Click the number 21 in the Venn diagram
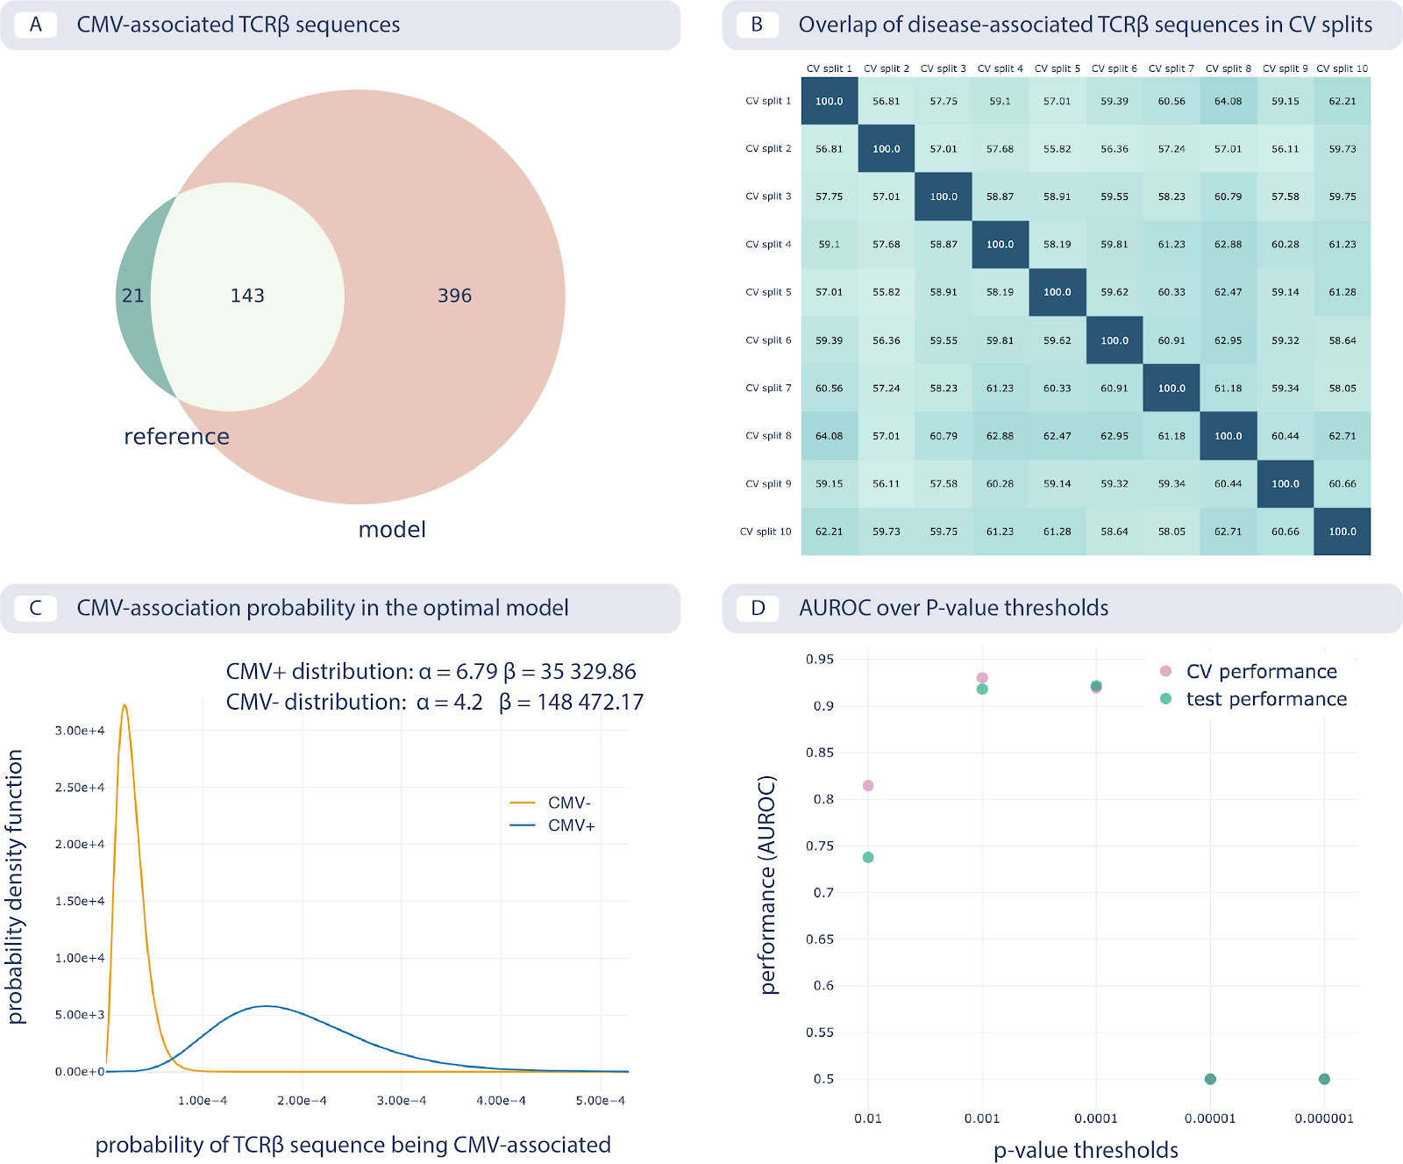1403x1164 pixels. pyautogui.click(x=133, y=296)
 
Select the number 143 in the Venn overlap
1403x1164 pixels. pyautogui.click(x=247, y=296)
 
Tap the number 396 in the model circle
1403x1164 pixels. pyautogui.click(x=454, y=296)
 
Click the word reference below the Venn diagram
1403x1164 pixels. pyautogui.click(x=176, y=436)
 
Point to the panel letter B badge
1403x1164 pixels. pyautogui.click(x=757, y=25)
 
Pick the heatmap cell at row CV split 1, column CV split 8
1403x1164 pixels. pyautogui.click(x=1228, y=101)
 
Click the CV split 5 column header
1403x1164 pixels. pyautogui.click(x=1057, y=68)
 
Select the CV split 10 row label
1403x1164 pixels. pyautogui.click(x=766, y=532)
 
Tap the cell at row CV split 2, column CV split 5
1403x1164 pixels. pyautogui.click(x=1057, y=149)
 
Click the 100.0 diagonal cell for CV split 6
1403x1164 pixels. pyautogui.click(x=1115, y=340)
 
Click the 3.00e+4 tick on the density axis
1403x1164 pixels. pyautogui.click(x=80, y=731)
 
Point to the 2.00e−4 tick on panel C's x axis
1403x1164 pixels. pyautogui.click(x=302, y=1101)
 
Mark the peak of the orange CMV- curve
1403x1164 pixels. pyautogui.click(x=125, y=705)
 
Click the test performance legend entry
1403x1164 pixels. pyautogui.click(x=1265, y=699)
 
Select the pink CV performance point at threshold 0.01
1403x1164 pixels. pyautogui.click(x=868, y=786)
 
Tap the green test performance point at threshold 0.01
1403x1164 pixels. pyautogui.click(x=868, y=858)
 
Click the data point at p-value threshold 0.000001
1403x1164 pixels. pyautogui.click(x=1324, y=1079)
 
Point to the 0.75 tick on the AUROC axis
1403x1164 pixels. pyautogui.click(x=820, y=846)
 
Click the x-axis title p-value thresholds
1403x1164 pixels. pyautogui.click(x=1086, y=1150)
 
